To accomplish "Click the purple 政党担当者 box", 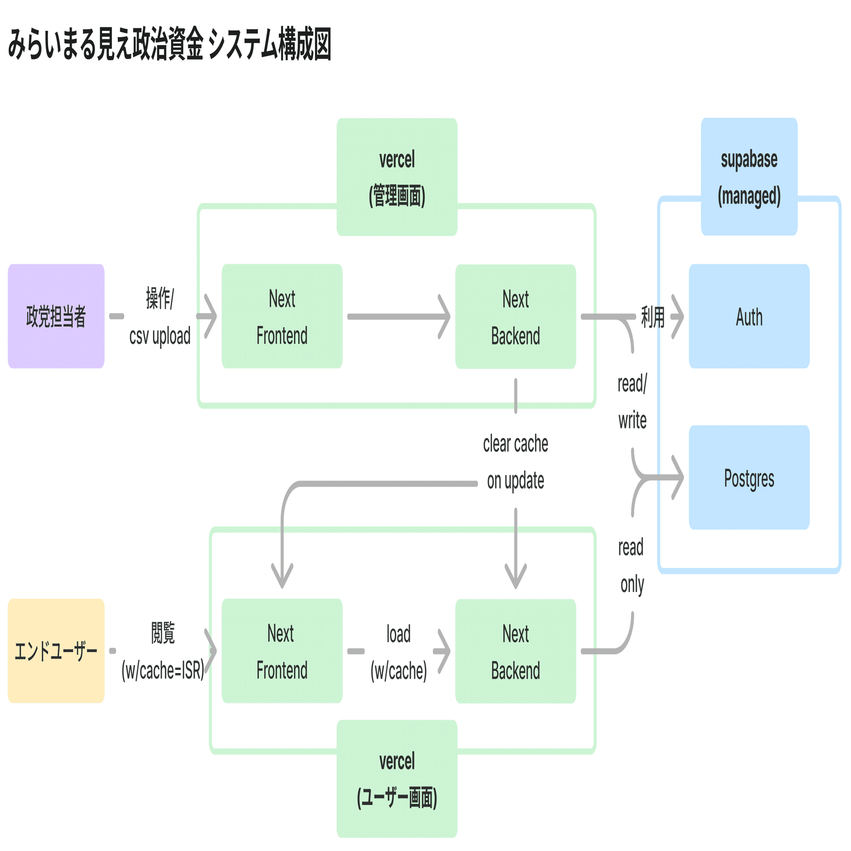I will tap(56, 316).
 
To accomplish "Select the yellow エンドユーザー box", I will tap(56, 651).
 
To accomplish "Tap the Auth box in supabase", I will tap(749, 316).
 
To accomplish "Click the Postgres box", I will tap(749, 477).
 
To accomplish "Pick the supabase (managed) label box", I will tap(749, 177).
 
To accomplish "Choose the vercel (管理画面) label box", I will tap(397, 177).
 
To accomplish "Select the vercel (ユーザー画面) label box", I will tap(397, 779).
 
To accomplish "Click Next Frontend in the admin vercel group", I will tap(282, 316).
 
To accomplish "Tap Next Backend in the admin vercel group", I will tap(516, 317).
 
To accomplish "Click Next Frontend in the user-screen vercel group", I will tap(282, 651).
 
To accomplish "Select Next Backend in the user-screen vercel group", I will tap(516, 651).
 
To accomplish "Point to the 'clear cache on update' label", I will tap(516, 462).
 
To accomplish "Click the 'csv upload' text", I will tap(160, 336).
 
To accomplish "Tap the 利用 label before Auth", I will tap(653, 317).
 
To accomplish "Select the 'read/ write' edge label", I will tap(632, 402).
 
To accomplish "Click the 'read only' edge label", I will tap(632, 566).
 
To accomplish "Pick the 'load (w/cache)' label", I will tap(398, 652).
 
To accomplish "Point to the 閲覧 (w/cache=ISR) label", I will tap(163, 652).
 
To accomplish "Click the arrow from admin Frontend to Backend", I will tap(398, 317).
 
